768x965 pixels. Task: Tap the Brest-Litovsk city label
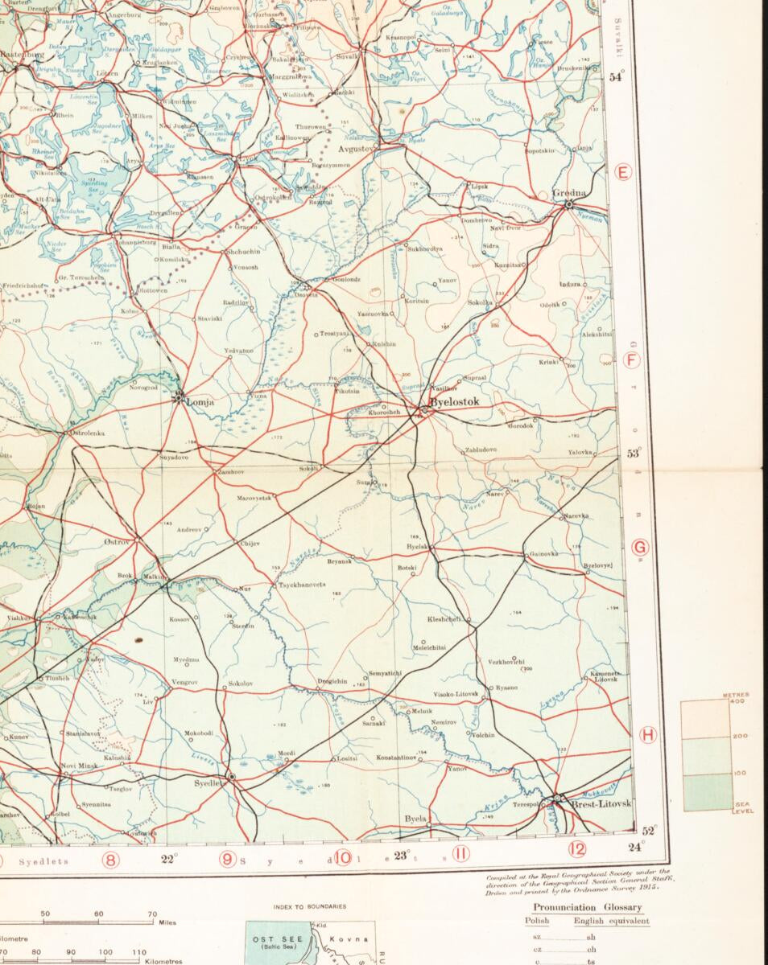click(x=601, y=803)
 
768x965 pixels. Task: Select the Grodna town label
click(x=569, y=193)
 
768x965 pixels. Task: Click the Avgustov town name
click(x=357, y=149)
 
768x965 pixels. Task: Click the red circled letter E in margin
click(x=622, y=171)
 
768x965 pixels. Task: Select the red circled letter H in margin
click(x=647, y=734)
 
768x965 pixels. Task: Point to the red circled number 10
click(x=344, y=857)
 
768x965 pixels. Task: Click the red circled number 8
click(x=111, y=860)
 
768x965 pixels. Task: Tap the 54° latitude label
click(x=617, y=77)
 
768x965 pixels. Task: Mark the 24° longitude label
click(x=636, y=845)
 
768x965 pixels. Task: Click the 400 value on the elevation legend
click(x=740, y=700)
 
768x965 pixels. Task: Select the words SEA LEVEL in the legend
click(x=742, y=808)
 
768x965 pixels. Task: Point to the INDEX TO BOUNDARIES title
click(x=310, y=906)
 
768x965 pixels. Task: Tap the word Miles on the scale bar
click(x=167, y=922)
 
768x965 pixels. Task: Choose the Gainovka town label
click(x=543, y=554)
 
